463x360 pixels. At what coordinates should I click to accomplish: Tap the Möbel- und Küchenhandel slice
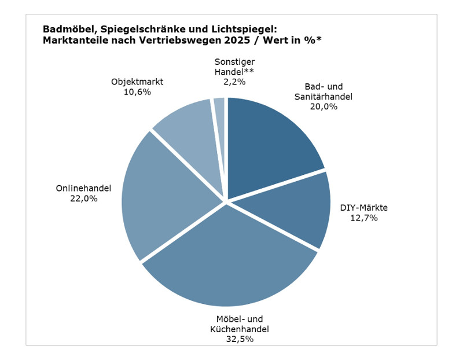[231, 260]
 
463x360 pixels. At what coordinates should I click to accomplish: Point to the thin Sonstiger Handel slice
[219, 116]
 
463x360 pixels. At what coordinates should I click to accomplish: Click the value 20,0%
[323, 106]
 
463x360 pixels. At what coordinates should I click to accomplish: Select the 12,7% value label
[363, 218]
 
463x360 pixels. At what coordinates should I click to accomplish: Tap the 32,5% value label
[240, 340]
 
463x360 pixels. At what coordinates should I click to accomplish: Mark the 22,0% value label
[83, 199]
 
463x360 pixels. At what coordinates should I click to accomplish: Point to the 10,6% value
[137, 92]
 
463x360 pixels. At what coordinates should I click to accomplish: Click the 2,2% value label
[234, 82]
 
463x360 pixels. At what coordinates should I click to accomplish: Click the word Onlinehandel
[83, 188]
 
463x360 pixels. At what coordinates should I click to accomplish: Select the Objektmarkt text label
[137, 82]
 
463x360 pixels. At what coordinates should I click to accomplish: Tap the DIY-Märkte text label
[363, 207]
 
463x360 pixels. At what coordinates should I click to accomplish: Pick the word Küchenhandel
[240, 329]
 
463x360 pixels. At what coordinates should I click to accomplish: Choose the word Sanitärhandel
[323, 96]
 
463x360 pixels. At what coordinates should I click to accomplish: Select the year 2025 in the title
[241, 40]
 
